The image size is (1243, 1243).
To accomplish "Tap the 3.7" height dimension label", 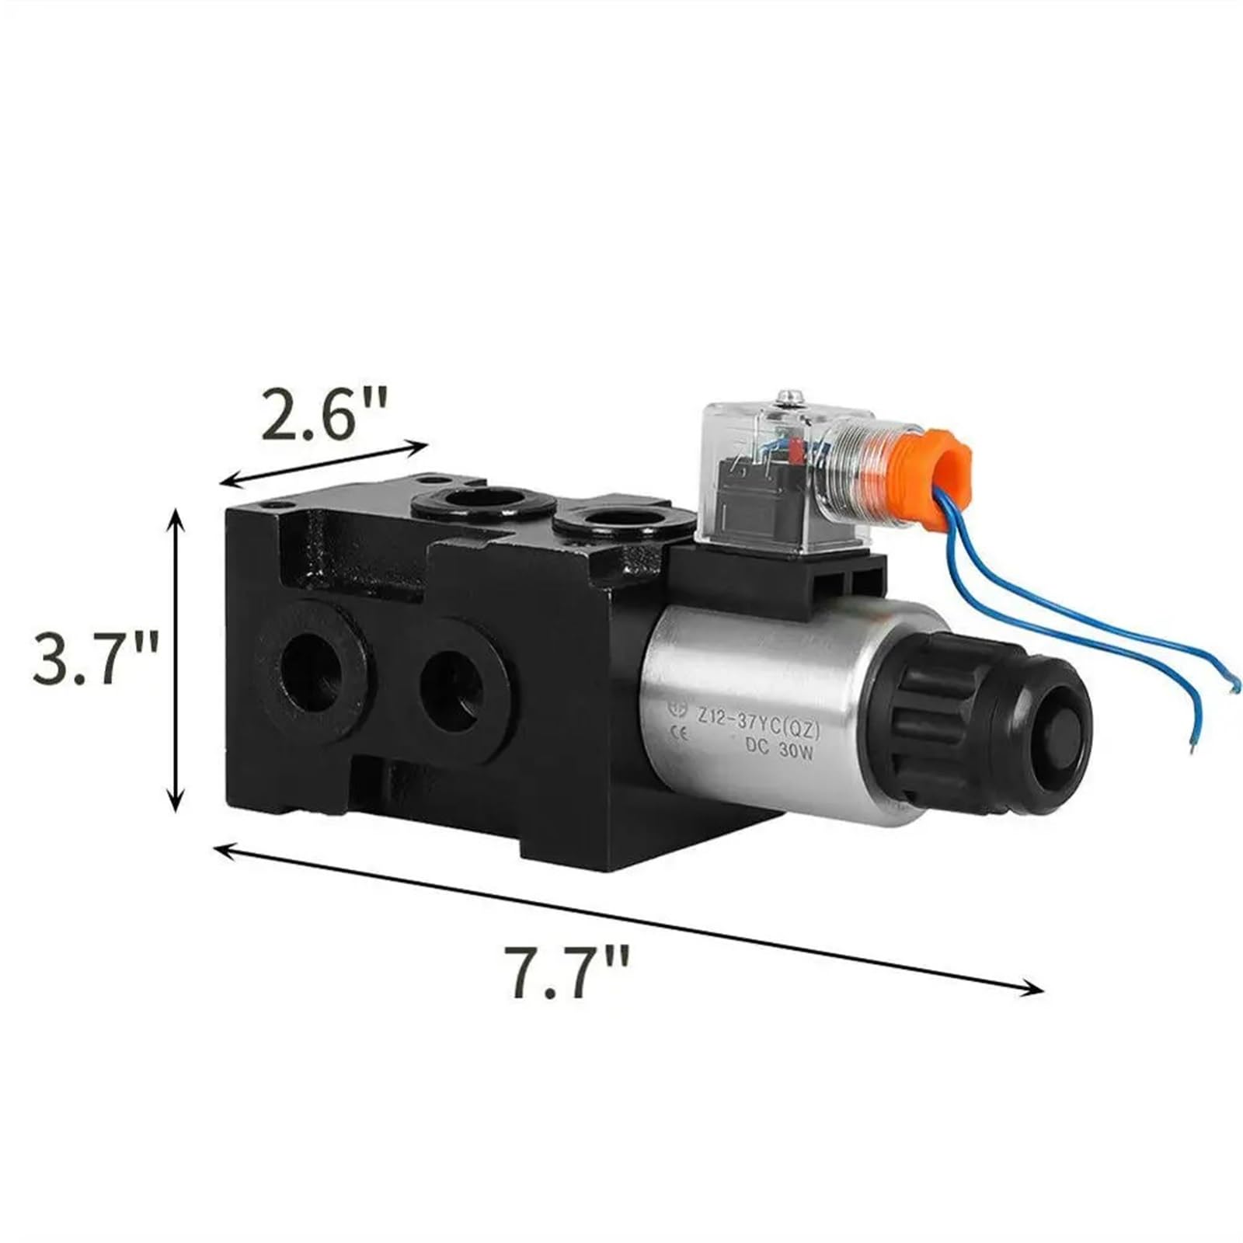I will click(x=96, y=659).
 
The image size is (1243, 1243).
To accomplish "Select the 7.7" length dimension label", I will click(x=567, y=971).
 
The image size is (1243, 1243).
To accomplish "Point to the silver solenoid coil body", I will click(x=761, y=715).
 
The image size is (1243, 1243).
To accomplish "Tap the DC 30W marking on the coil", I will click(x=778, y=747).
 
